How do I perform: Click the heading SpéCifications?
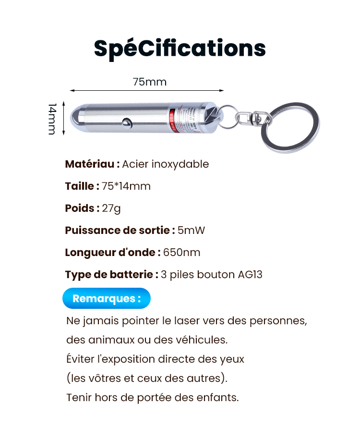180,48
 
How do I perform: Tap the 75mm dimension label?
150,82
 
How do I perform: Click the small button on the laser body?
127,122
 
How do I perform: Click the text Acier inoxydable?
166,164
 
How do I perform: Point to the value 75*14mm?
126,186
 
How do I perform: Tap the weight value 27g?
112,208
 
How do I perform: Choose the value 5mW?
191,231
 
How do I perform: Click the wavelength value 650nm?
182,253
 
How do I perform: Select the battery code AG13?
250,275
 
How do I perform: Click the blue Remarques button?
107,298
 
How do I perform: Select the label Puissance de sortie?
117,231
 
